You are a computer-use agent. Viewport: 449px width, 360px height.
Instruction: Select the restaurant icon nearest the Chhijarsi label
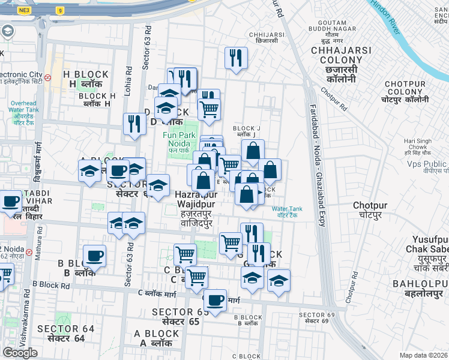pyautogui.click(x=235, y=58)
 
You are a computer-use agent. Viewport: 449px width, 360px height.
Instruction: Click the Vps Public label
pyautogui.click(x=426, y=164)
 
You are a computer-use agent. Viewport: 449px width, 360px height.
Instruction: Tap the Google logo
pyautogui.click(x=20, y=353)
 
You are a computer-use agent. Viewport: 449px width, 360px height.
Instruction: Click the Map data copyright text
pyautogui.click(x=423, y=355)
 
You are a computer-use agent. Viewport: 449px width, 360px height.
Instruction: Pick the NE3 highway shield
pyautogui.click(x=23, y=10)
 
